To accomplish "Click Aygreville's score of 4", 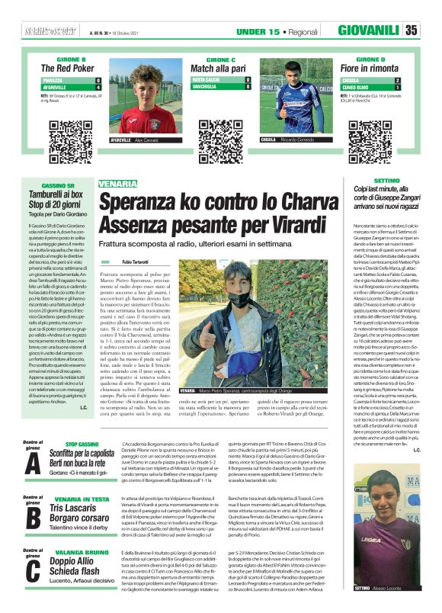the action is (98, 86).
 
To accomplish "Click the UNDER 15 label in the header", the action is (258, 31).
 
